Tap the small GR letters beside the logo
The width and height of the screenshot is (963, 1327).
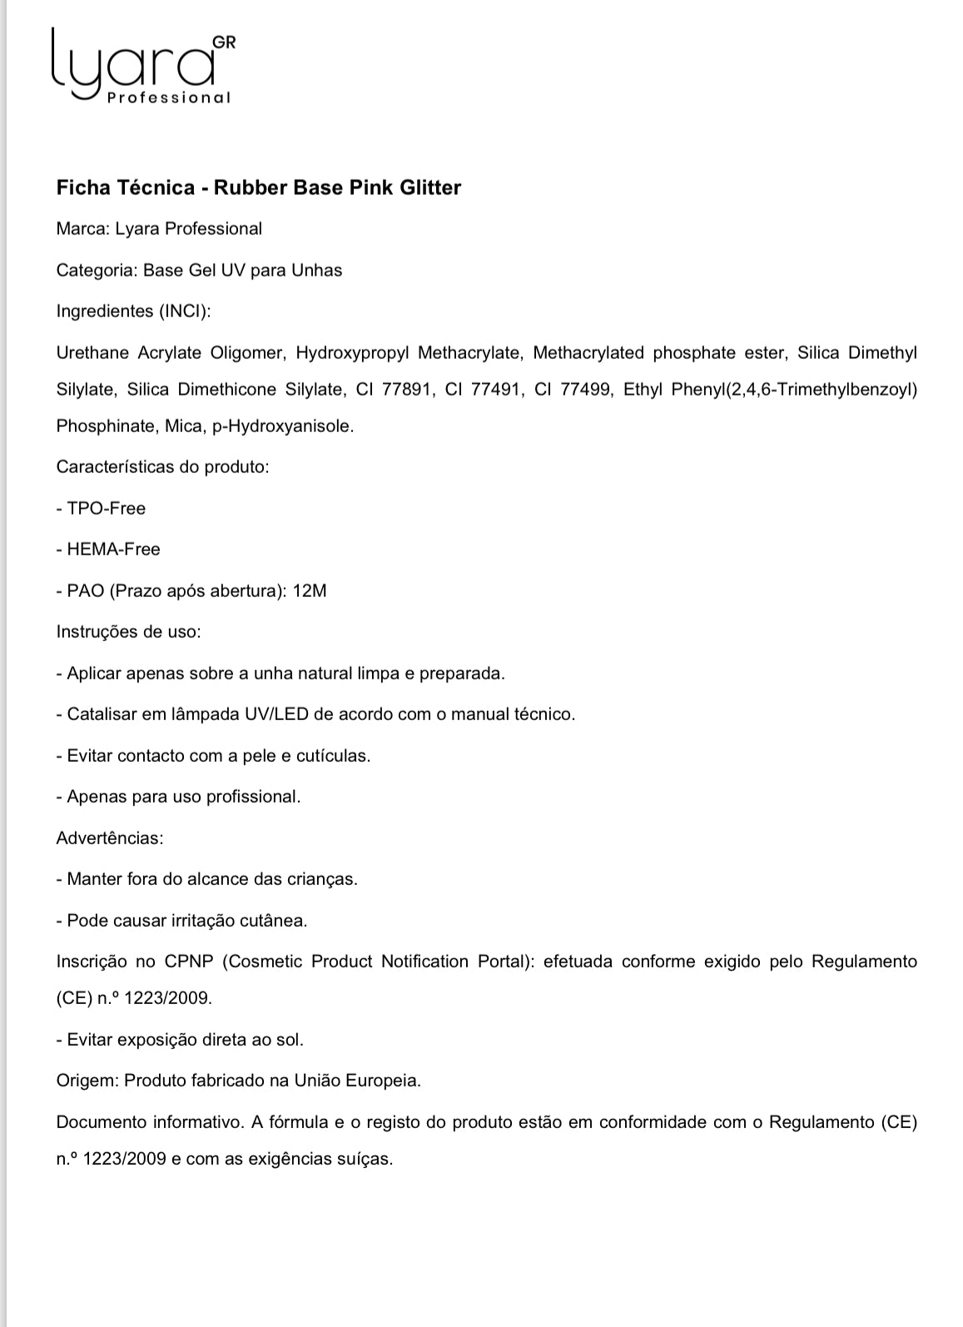tap(224, 42)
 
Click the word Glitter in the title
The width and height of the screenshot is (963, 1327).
tap(429, 187)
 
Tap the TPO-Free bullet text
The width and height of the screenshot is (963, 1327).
tap(106, 508)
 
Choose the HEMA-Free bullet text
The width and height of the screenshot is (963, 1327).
tap(113, 549)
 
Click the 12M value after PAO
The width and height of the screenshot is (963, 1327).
tap(310, 591)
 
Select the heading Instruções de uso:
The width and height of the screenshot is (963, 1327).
tap(128, 632)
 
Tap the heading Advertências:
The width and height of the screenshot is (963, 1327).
tap(110, 838)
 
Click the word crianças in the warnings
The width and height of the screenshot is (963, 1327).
tap(325, 879)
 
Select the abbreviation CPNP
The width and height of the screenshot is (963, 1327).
tap(189, 962)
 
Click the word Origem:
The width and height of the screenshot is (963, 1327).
tap(87, 1081)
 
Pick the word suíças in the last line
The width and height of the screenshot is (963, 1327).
tap(365, 1159)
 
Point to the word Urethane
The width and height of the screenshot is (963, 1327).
tap(92, 353)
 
